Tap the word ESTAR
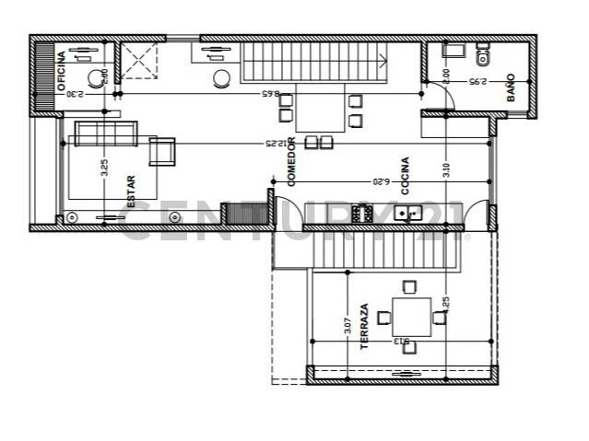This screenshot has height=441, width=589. coord(130,191)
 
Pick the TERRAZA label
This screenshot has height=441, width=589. coord(365,326)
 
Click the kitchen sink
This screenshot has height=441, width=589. coord(407,214)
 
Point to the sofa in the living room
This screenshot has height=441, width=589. coord(105,133)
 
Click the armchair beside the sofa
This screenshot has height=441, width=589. coord(161,150)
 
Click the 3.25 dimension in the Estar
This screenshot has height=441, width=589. coord(105,168)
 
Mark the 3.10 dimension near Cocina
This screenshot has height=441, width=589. coord(446,171)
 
